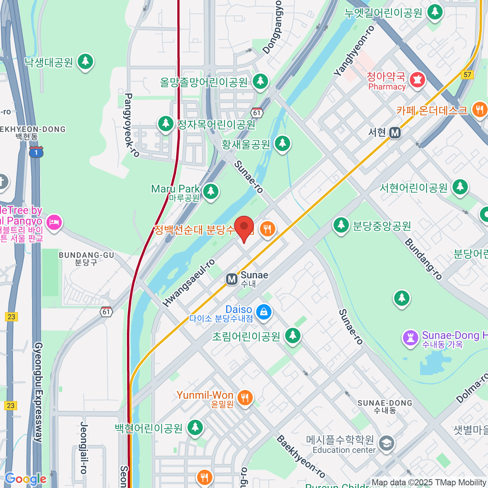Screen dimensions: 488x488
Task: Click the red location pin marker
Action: pyautogui.click(x=244, y=228)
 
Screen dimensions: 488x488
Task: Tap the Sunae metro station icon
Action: pyautogui.click(x=232, y=279)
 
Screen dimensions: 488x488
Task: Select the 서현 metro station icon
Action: pyautogui.click(x=395, y=133)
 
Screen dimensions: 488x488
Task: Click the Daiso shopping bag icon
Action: pyautogui.click(x=264, y=312)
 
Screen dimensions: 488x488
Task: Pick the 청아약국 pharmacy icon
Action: pyautogui.click(x=417, y=79)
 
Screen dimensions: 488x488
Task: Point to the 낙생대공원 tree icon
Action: pyautogui.click(x=85, y=61)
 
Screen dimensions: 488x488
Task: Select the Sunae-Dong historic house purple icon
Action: pyautogui.click(x=410, y=338)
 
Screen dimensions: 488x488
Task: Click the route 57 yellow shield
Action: pyautogui.click(x=467, y=74)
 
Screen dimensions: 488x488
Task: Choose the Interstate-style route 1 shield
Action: pyautogui.click(x=36, y=152)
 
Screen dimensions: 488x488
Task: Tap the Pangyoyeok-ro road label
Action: pyautogui.click(x=131, y=125)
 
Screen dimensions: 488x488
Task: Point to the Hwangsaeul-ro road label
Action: pyautogui.click(x=189, y=283)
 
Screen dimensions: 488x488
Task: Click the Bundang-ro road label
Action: pyautogui.click(x=423, y=259)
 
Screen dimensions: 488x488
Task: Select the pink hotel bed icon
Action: pyautogui.click(x=54, y=222)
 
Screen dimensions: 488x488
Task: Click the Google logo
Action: pyautogui.click(x=25, y=479)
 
